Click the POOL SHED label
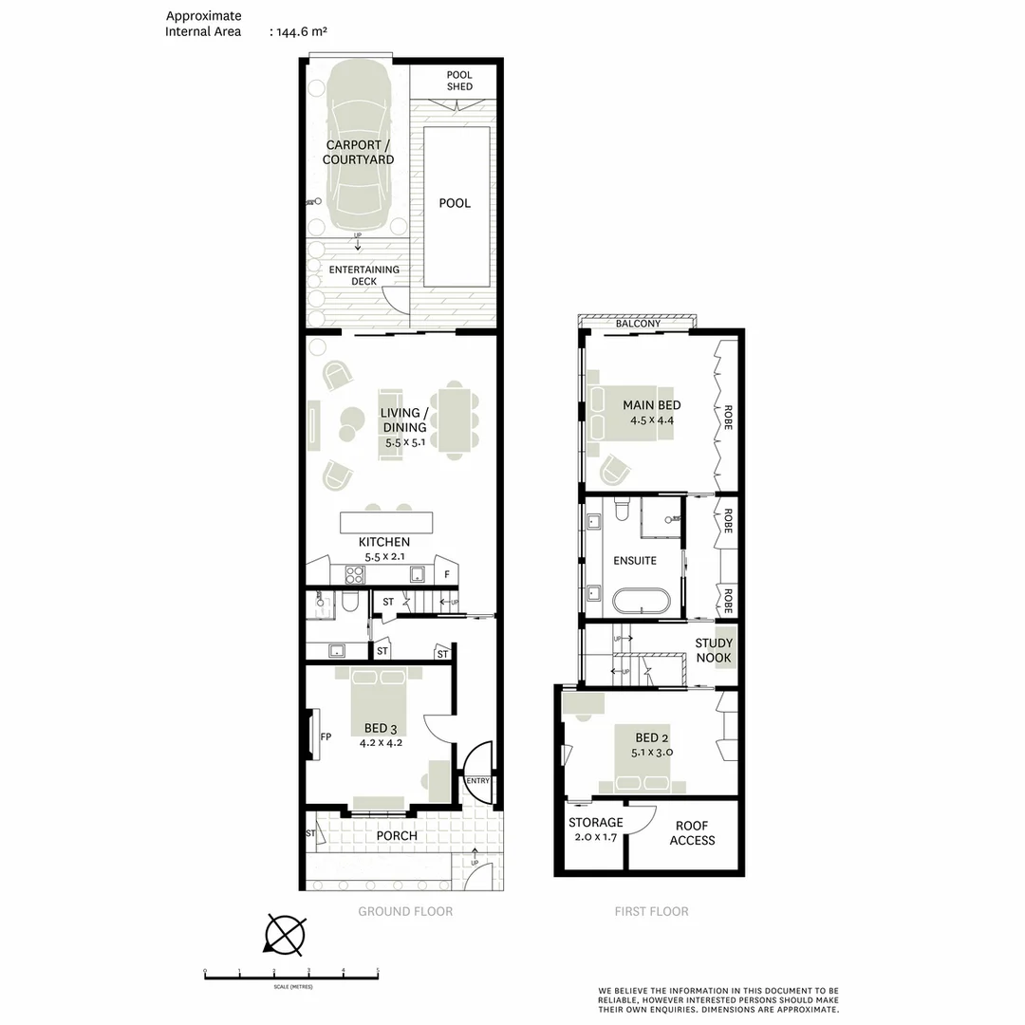point(459,81)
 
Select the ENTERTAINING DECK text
point(364,275)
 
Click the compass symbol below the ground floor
point(285,934)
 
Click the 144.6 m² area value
point(301,31)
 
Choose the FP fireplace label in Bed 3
point(325,736)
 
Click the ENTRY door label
point(477,781)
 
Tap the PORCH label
point(397,836)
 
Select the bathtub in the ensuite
point(642,602)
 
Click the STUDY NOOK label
point(714,651)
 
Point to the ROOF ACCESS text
point(692,833)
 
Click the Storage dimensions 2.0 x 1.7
point(596,839)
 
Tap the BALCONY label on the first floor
point(638,324)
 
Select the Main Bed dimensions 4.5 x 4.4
point(651,420)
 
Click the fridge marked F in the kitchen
point(446,575)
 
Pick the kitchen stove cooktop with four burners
point(355,574)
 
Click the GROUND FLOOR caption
point(405,911)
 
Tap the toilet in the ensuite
point(622,511)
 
